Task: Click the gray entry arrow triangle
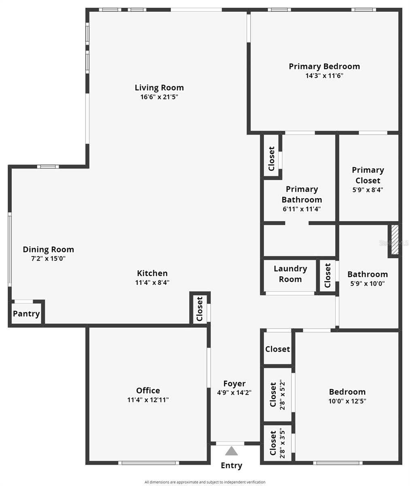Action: (x=231, y=451)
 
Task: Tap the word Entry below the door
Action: (x=232, y=465)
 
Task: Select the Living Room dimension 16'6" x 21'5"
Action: (x=159, y=97)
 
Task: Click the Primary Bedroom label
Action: (x=324, y=66)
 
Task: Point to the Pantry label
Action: (x=26, y=314)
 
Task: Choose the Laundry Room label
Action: (x=290, y=274)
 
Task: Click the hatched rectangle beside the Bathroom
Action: (x=395, y=239)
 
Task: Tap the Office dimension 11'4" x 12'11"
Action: (x=148, y=400)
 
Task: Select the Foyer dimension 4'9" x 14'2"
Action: (x=234, y=393)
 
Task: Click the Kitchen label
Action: (x=152, y=273)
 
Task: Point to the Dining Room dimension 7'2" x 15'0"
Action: (x=49, y=259)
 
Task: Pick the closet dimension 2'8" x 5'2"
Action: (x=282, y=395)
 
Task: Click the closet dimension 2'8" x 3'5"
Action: (x=282, y=443)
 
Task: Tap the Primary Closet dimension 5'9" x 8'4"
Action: (x=368, y=190)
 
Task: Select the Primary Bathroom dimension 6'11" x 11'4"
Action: (x=302, y=209)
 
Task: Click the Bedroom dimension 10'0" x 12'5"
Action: (x=347, y=401)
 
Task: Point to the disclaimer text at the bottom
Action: (x=205, y=482)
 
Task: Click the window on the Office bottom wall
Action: (x=149, y=463)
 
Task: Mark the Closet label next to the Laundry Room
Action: (x=327, y=275)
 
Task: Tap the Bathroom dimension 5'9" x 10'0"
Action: (x=368, y=283)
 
